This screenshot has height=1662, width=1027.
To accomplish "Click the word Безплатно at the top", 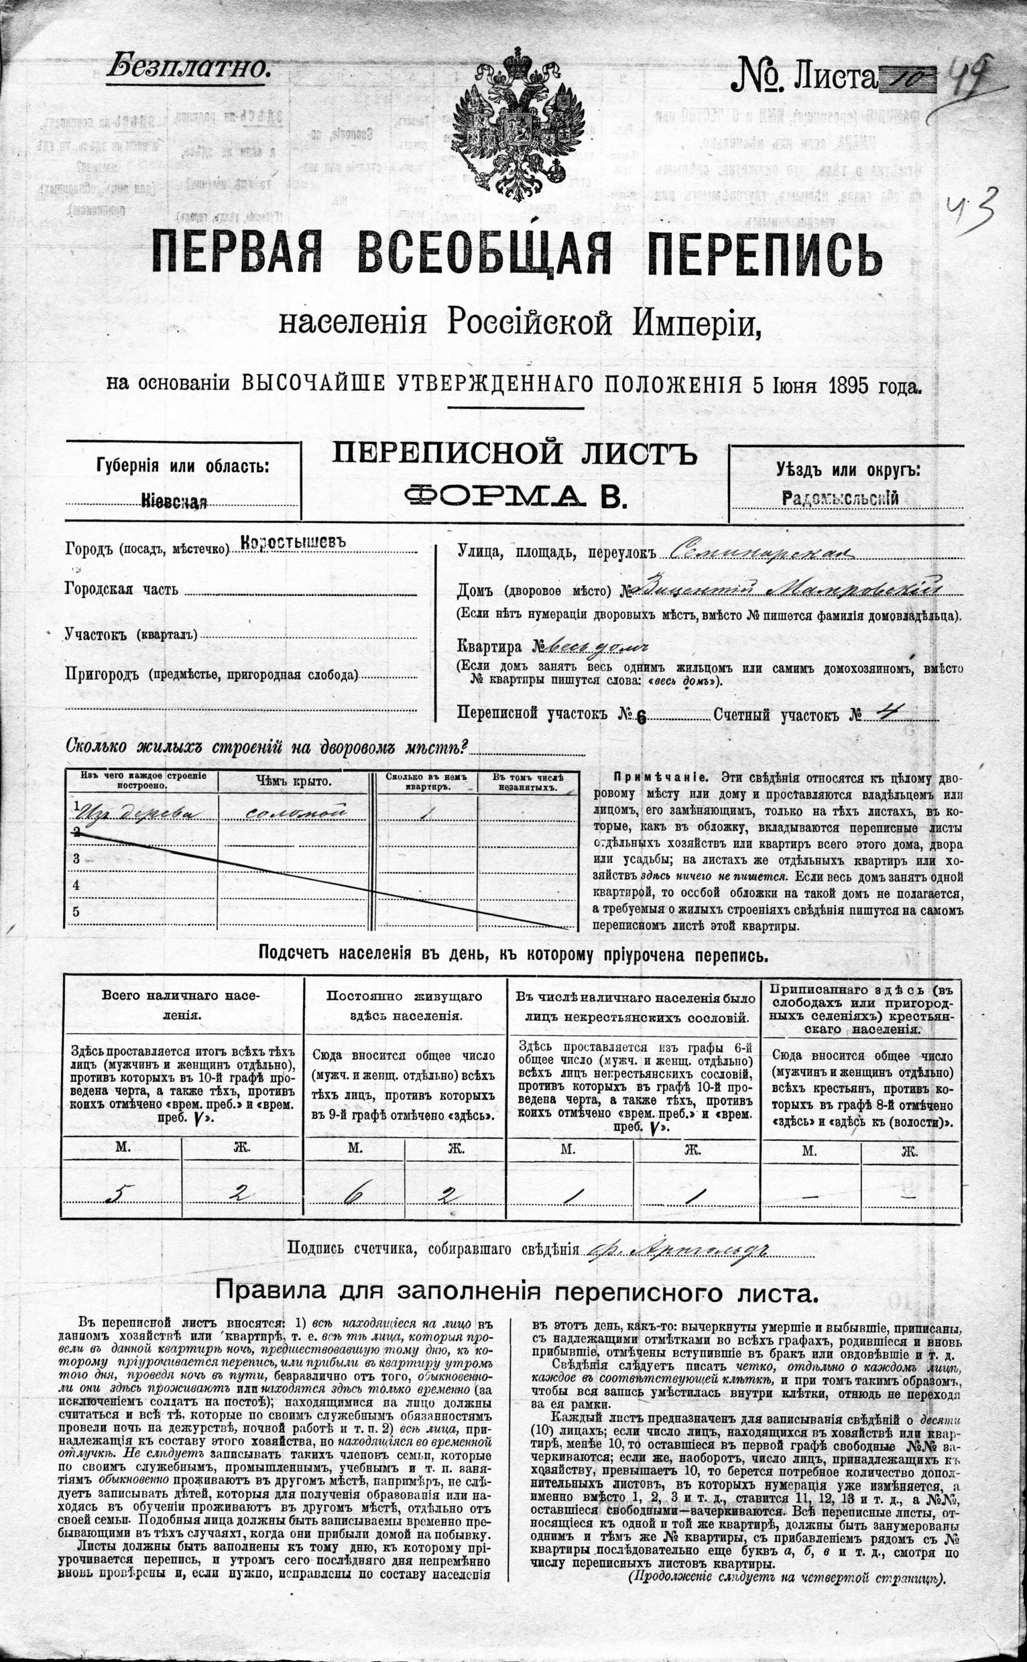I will (x=189, y=66).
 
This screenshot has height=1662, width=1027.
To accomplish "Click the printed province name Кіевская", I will (x=174, y=501).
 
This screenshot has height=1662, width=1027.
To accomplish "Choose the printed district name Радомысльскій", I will (x=841, y=498).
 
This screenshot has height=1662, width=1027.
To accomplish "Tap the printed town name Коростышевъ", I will (x=294, y=544).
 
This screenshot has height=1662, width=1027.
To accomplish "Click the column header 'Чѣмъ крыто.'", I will (x=294, y=781).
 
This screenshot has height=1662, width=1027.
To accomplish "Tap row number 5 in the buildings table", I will (x=76, y=912).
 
